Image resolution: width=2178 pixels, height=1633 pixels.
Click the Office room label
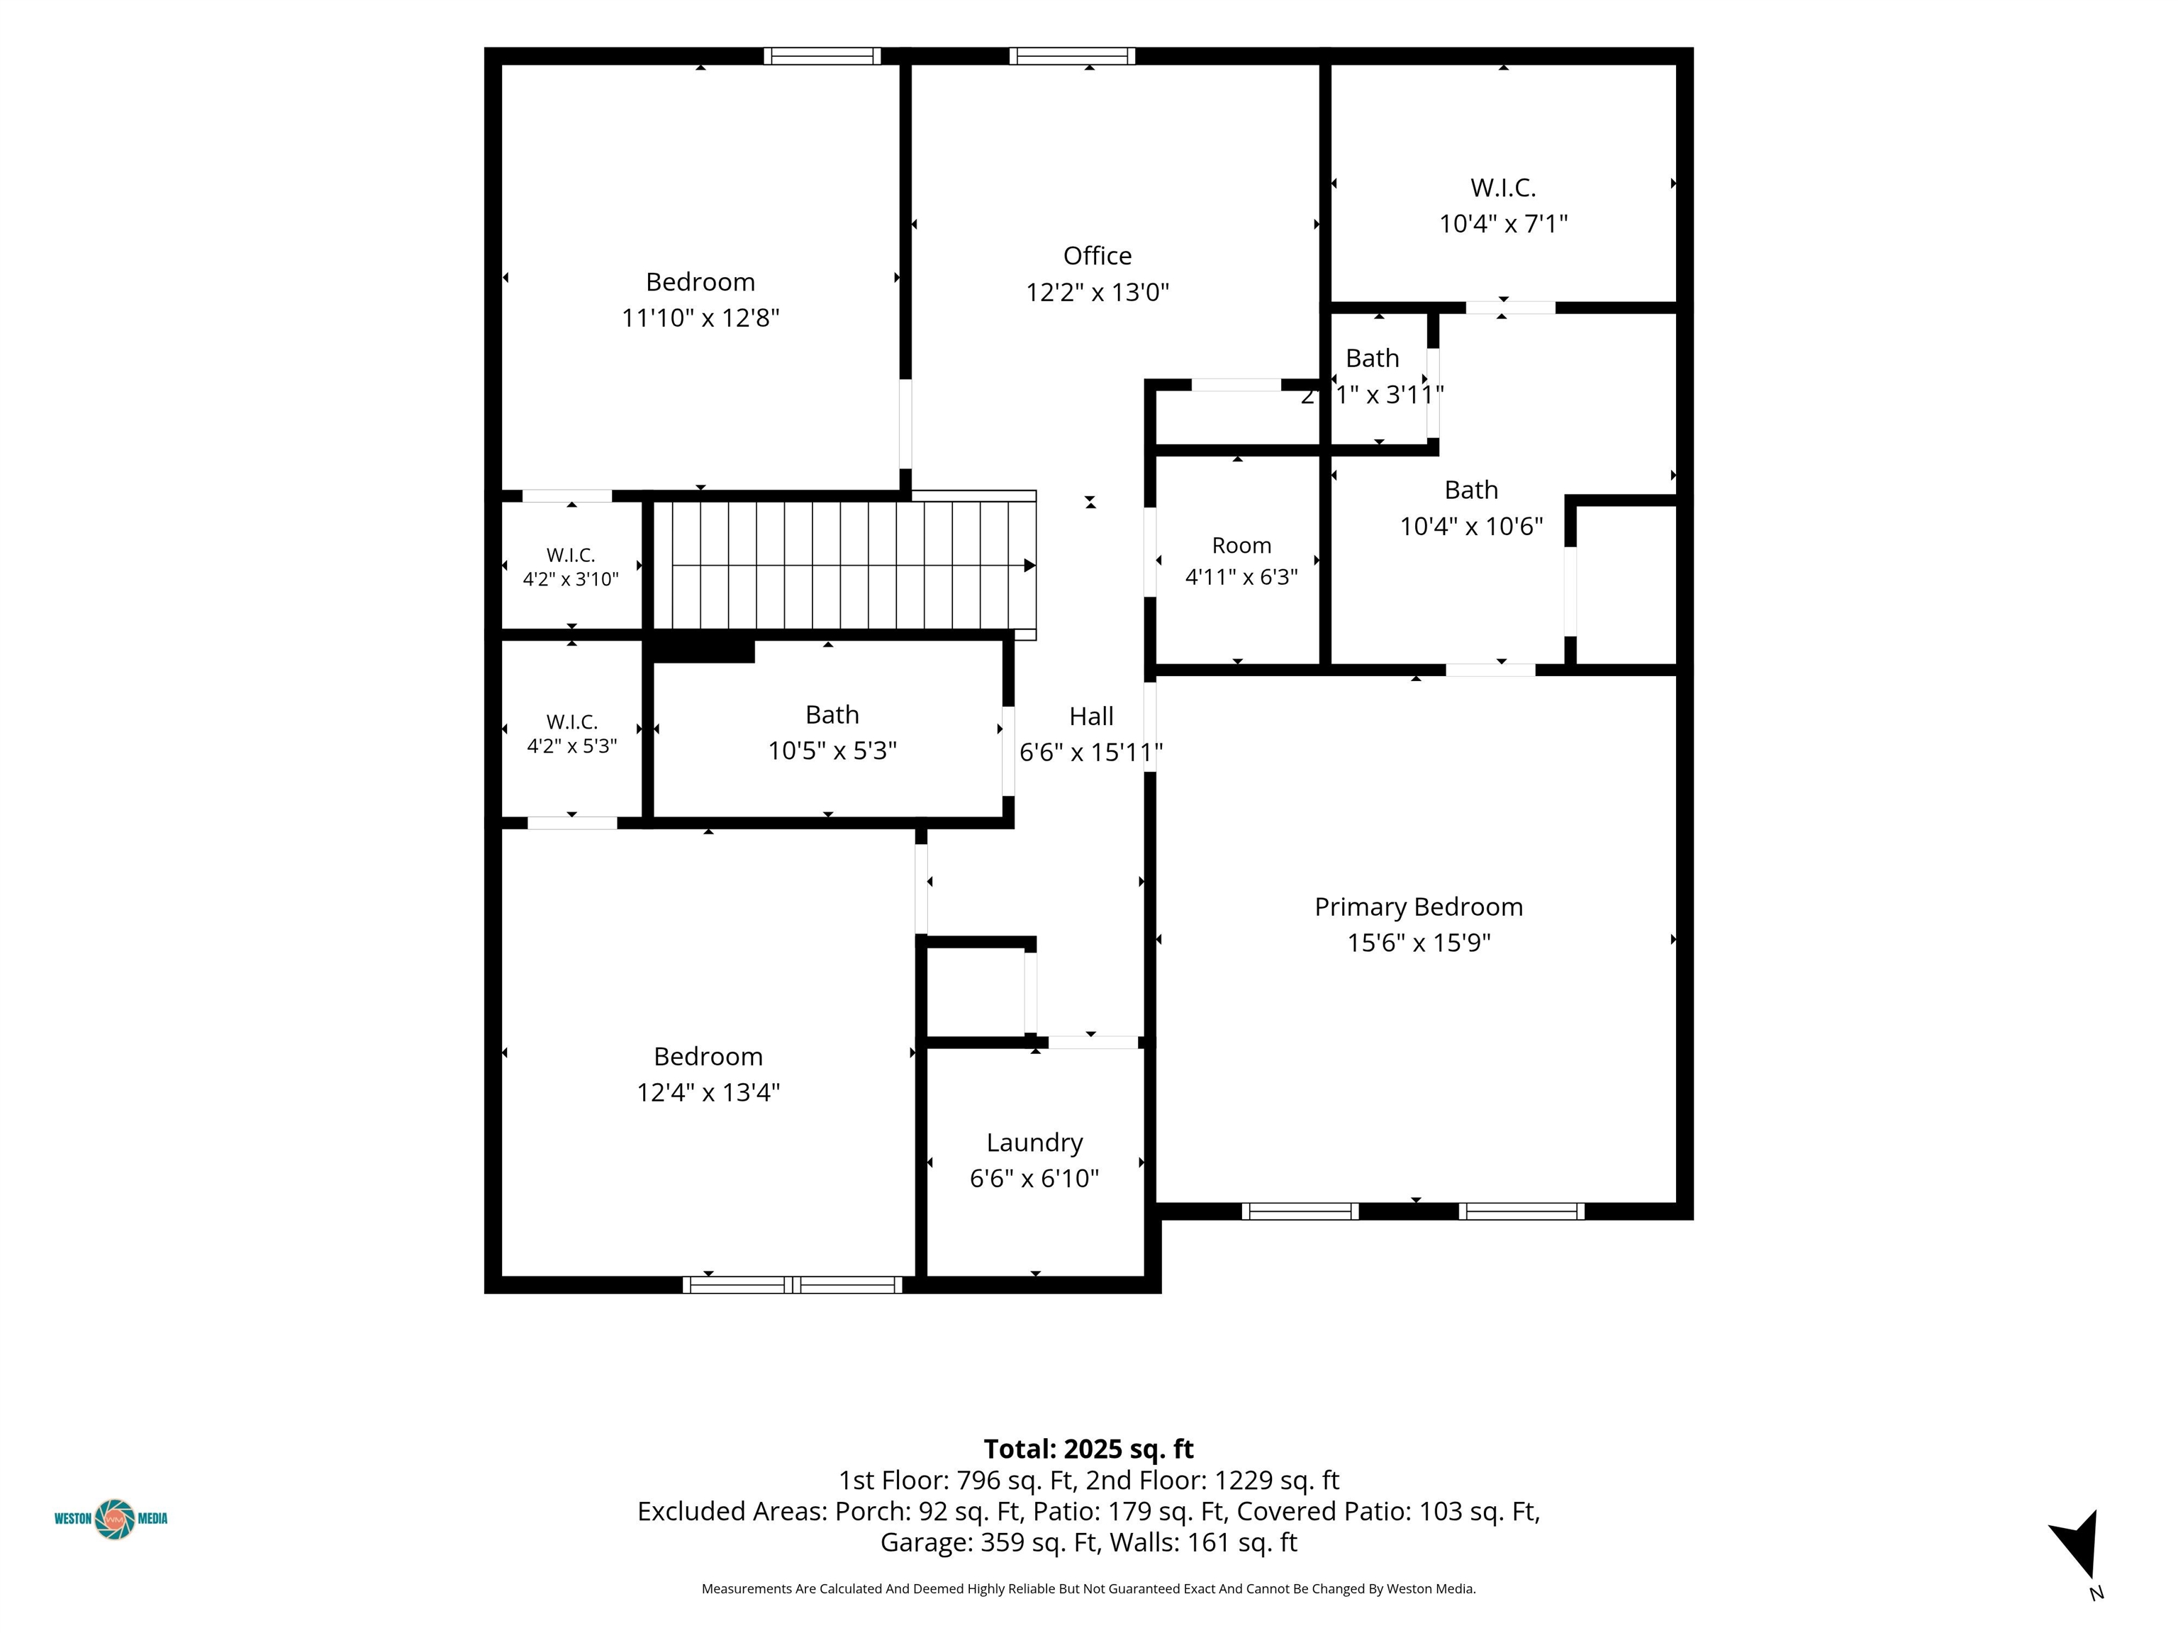[1097, 256]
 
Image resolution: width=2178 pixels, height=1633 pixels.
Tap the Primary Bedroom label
[1418, 907]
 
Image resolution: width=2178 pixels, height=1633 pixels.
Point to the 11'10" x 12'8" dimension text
[700, 318]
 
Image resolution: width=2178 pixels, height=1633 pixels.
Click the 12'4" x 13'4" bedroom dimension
[708, 1092]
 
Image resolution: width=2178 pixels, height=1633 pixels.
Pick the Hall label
[1091, 717]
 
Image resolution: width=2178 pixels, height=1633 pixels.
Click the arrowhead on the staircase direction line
[1029, 565]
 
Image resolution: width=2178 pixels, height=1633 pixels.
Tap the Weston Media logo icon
[115, 1519]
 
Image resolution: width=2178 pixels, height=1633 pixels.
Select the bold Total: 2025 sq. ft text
[1088, 1449]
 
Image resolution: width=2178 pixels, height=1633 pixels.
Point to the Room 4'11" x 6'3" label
[1241, 561]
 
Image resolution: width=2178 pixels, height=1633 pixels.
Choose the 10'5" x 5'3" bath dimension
[832, 751]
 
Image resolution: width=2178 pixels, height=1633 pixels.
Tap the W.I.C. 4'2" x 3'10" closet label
[571, 568]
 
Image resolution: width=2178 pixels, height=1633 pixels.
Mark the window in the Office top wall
[1072, 56]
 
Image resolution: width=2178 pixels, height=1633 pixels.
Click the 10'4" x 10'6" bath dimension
[1471, 527]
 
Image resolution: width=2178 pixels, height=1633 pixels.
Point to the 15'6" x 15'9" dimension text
[1418, 943]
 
